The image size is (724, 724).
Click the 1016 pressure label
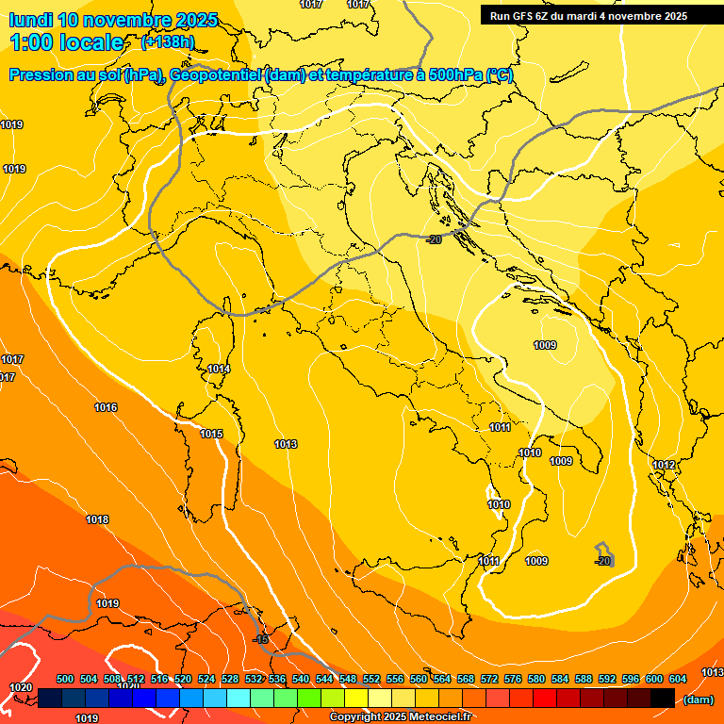tap(106, 407)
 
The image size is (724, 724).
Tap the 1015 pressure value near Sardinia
tap(211, 434)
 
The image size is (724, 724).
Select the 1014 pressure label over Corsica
tap(219, 369)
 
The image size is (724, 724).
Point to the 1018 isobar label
tap(97, 519)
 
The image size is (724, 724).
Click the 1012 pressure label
tap(664, 465)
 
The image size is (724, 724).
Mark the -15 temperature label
tap(261, 639)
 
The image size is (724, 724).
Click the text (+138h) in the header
tap(168, 41)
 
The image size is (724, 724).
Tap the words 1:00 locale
tap(67, 42)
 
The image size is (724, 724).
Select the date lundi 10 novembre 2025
tap(113, 20)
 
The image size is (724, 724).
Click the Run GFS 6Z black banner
tap(588, 16)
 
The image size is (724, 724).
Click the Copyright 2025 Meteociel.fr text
tap(400, 717)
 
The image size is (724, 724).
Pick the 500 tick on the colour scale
tap(65, 679)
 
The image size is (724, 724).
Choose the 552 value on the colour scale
tap(371, 679)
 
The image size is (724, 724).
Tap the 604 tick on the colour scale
tap(677, 679)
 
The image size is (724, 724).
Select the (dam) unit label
tap(698, 699)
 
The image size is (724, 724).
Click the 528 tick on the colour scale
tap(230, 679)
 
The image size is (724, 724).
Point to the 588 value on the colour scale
tap(584, 679)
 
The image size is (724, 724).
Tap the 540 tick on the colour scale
tap(301, 679)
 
